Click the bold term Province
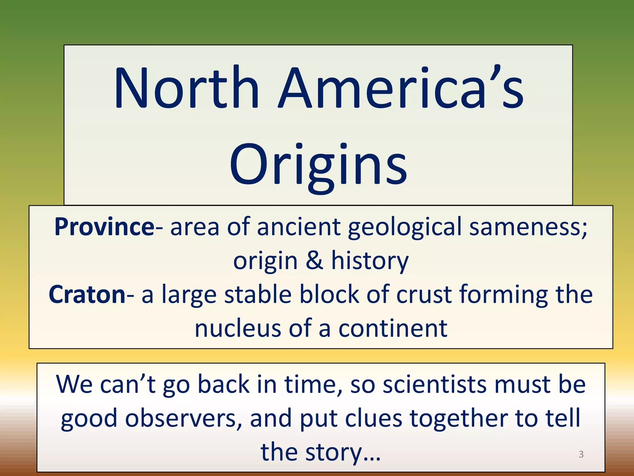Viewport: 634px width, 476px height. click(x=104, y=227)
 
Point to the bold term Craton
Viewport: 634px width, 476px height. click(x=87, y=294)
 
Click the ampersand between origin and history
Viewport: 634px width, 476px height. click(x=314, y=261)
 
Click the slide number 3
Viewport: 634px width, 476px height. click(x=581, y=454)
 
